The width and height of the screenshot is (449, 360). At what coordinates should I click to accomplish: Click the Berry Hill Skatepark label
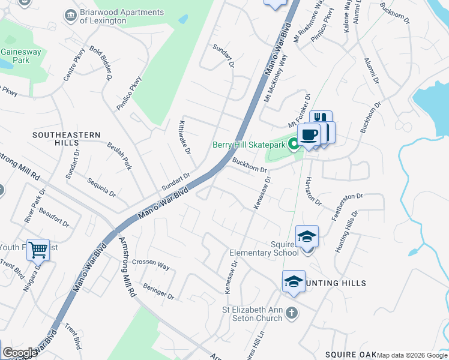tap(249, 145)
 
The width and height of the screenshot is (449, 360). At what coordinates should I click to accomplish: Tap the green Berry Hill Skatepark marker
tap(294, 144)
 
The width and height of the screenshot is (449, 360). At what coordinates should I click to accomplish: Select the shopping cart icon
tap(38, 249)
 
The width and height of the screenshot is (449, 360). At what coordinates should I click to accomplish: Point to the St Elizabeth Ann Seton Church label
tap(252, 314)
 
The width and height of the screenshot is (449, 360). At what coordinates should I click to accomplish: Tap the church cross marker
tap(291, 313)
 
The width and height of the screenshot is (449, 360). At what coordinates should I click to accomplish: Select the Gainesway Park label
tap(22, 56)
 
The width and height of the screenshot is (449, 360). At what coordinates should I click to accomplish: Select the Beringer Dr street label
tap(158, 292)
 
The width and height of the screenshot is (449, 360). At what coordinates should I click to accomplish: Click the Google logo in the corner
tap(19, 353)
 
